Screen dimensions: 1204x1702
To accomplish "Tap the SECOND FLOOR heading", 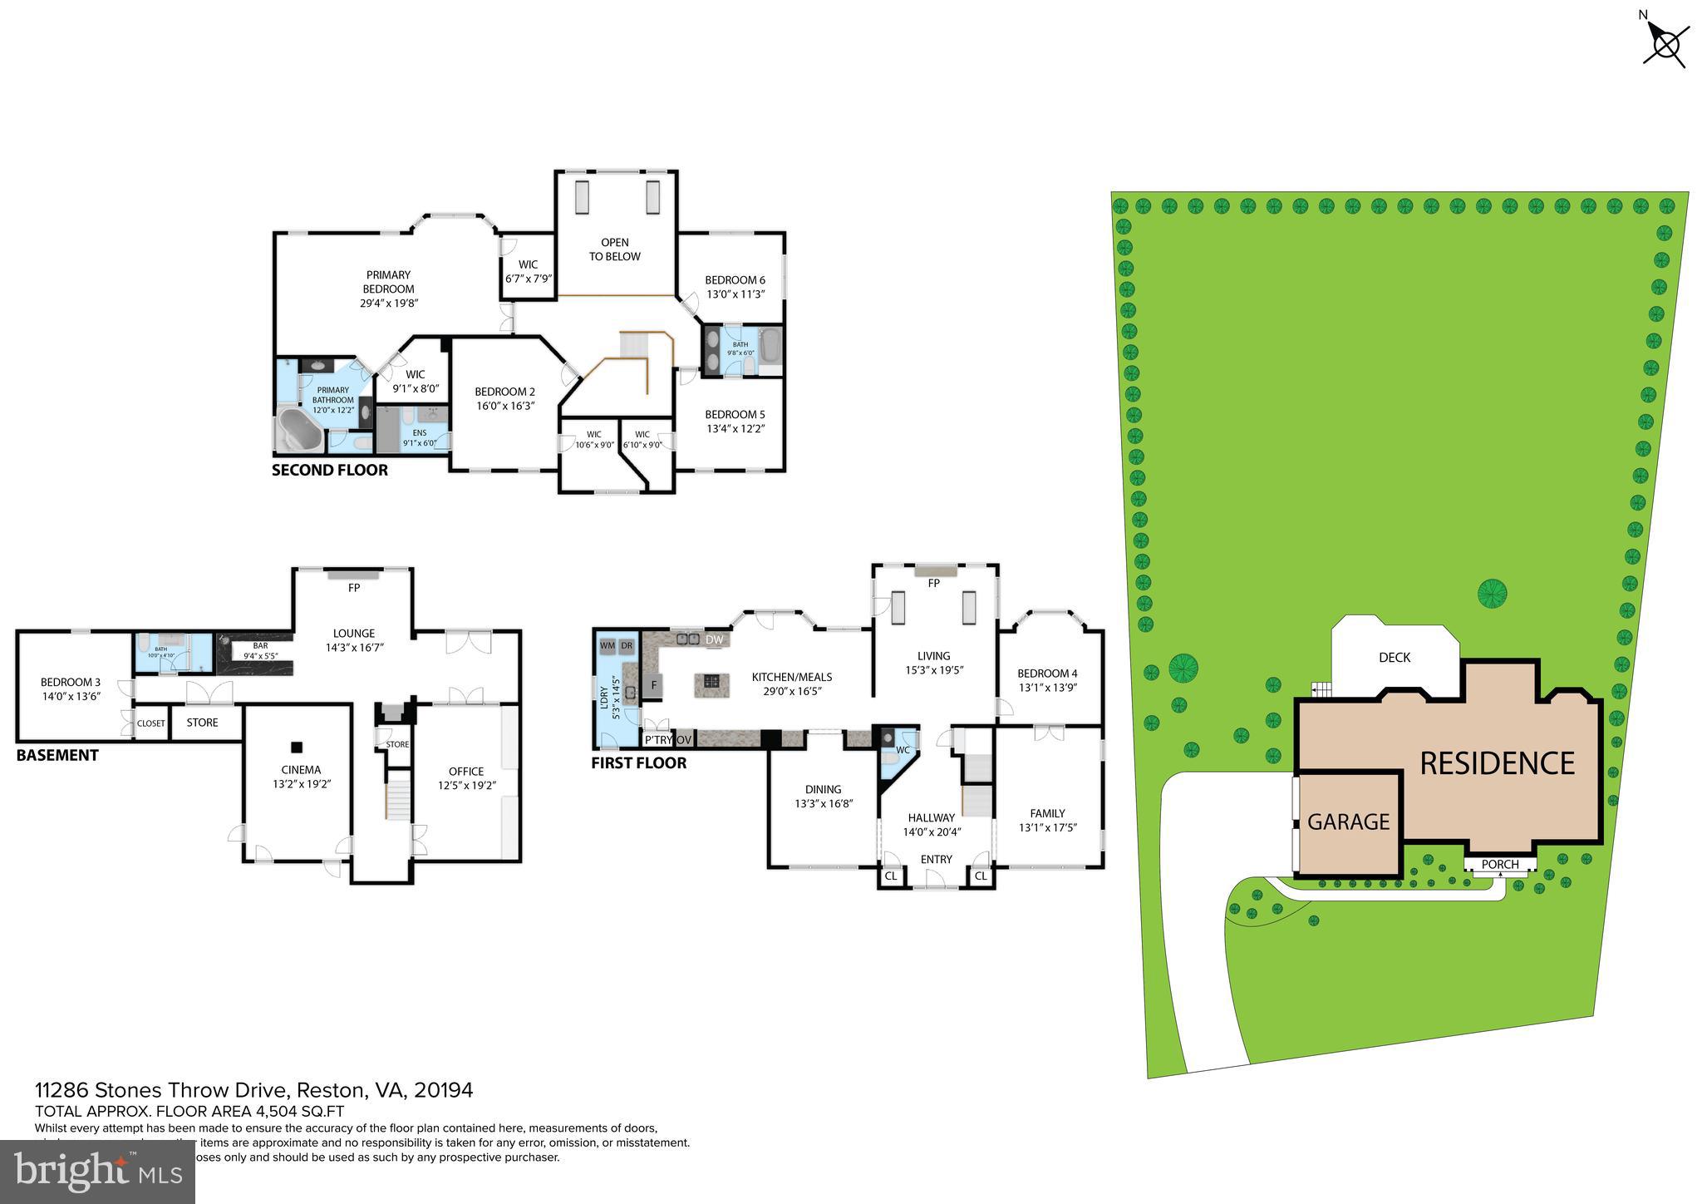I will (330, 471).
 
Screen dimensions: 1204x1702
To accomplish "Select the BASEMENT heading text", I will (57, 756).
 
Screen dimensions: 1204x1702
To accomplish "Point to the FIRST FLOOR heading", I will (638, 763).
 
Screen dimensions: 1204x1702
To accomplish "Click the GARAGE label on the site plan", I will (1348, 822).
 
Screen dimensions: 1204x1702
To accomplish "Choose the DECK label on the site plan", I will (1394, 658).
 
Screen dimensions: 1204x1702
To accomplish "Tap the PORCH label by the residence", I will (1500, 865).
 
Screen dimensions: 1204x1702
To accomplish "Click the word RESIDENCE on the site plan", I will (1497, 763).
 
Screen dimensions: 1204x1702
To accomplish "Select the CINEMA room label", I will (301, 770).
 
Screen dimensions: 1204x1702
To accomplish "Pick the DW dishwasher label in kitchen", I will (714, 639).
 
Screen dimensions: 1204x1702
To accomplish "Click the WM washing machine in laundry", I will (608, 645).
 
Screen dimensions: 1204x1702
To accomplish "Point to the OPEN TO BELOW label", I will (615, 249).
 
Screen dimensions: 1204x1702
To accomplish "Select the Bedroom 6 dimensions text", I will (735, 294).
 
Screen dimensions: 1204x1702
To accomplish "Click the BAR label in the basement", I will (260, 645).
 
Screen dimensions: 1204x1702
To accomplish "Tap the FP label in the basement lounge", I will (354, 588).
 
